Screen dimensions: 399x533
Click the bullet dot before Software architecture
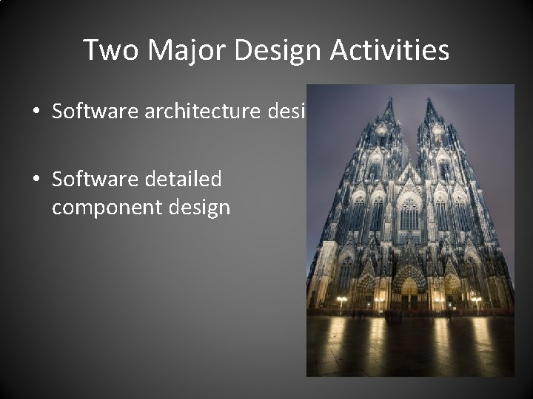[x=36, y=113]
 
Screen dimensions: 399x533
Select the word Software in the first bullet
[x=88, y=112]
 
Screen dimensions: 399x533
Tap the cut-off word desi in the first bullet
[x=289, y=112]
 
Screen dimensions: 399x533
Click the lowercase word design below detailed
[x=199, y=208]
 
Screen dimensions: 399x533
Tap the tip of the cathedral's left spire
[x=387, y=98]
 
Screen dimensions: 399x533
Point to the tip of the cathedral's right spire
[x=430, y=98]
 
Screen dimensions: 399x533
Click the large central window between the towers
[x=409, y=214]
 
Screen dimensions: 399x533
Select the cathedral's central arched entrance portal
[x=409, y=292]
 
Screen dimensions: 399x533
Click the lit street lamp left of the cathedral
[x=342, y=299]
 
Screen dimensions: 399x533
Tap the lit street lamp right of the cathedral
[x=476, y=299]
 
